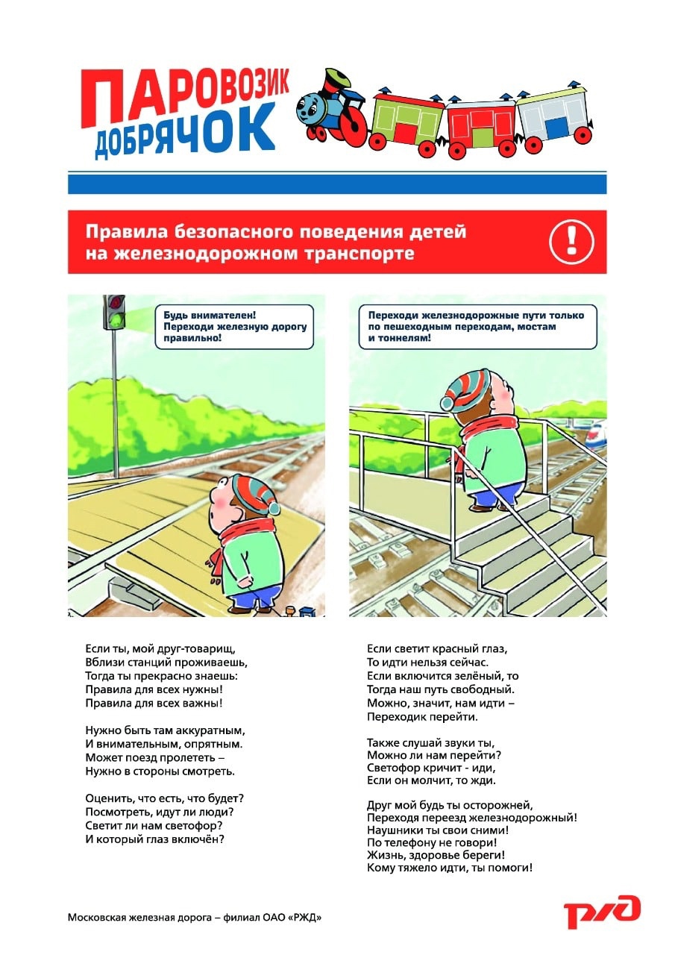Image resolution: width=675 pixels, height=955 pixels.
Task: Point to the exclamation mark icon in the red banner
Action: pos(571,241)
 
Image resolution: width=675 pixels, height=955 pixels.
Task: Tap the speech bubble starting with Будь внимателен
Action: pos(233,327)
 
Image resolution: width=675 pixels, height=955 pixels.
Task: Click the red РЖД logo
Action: pos(602,911)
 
